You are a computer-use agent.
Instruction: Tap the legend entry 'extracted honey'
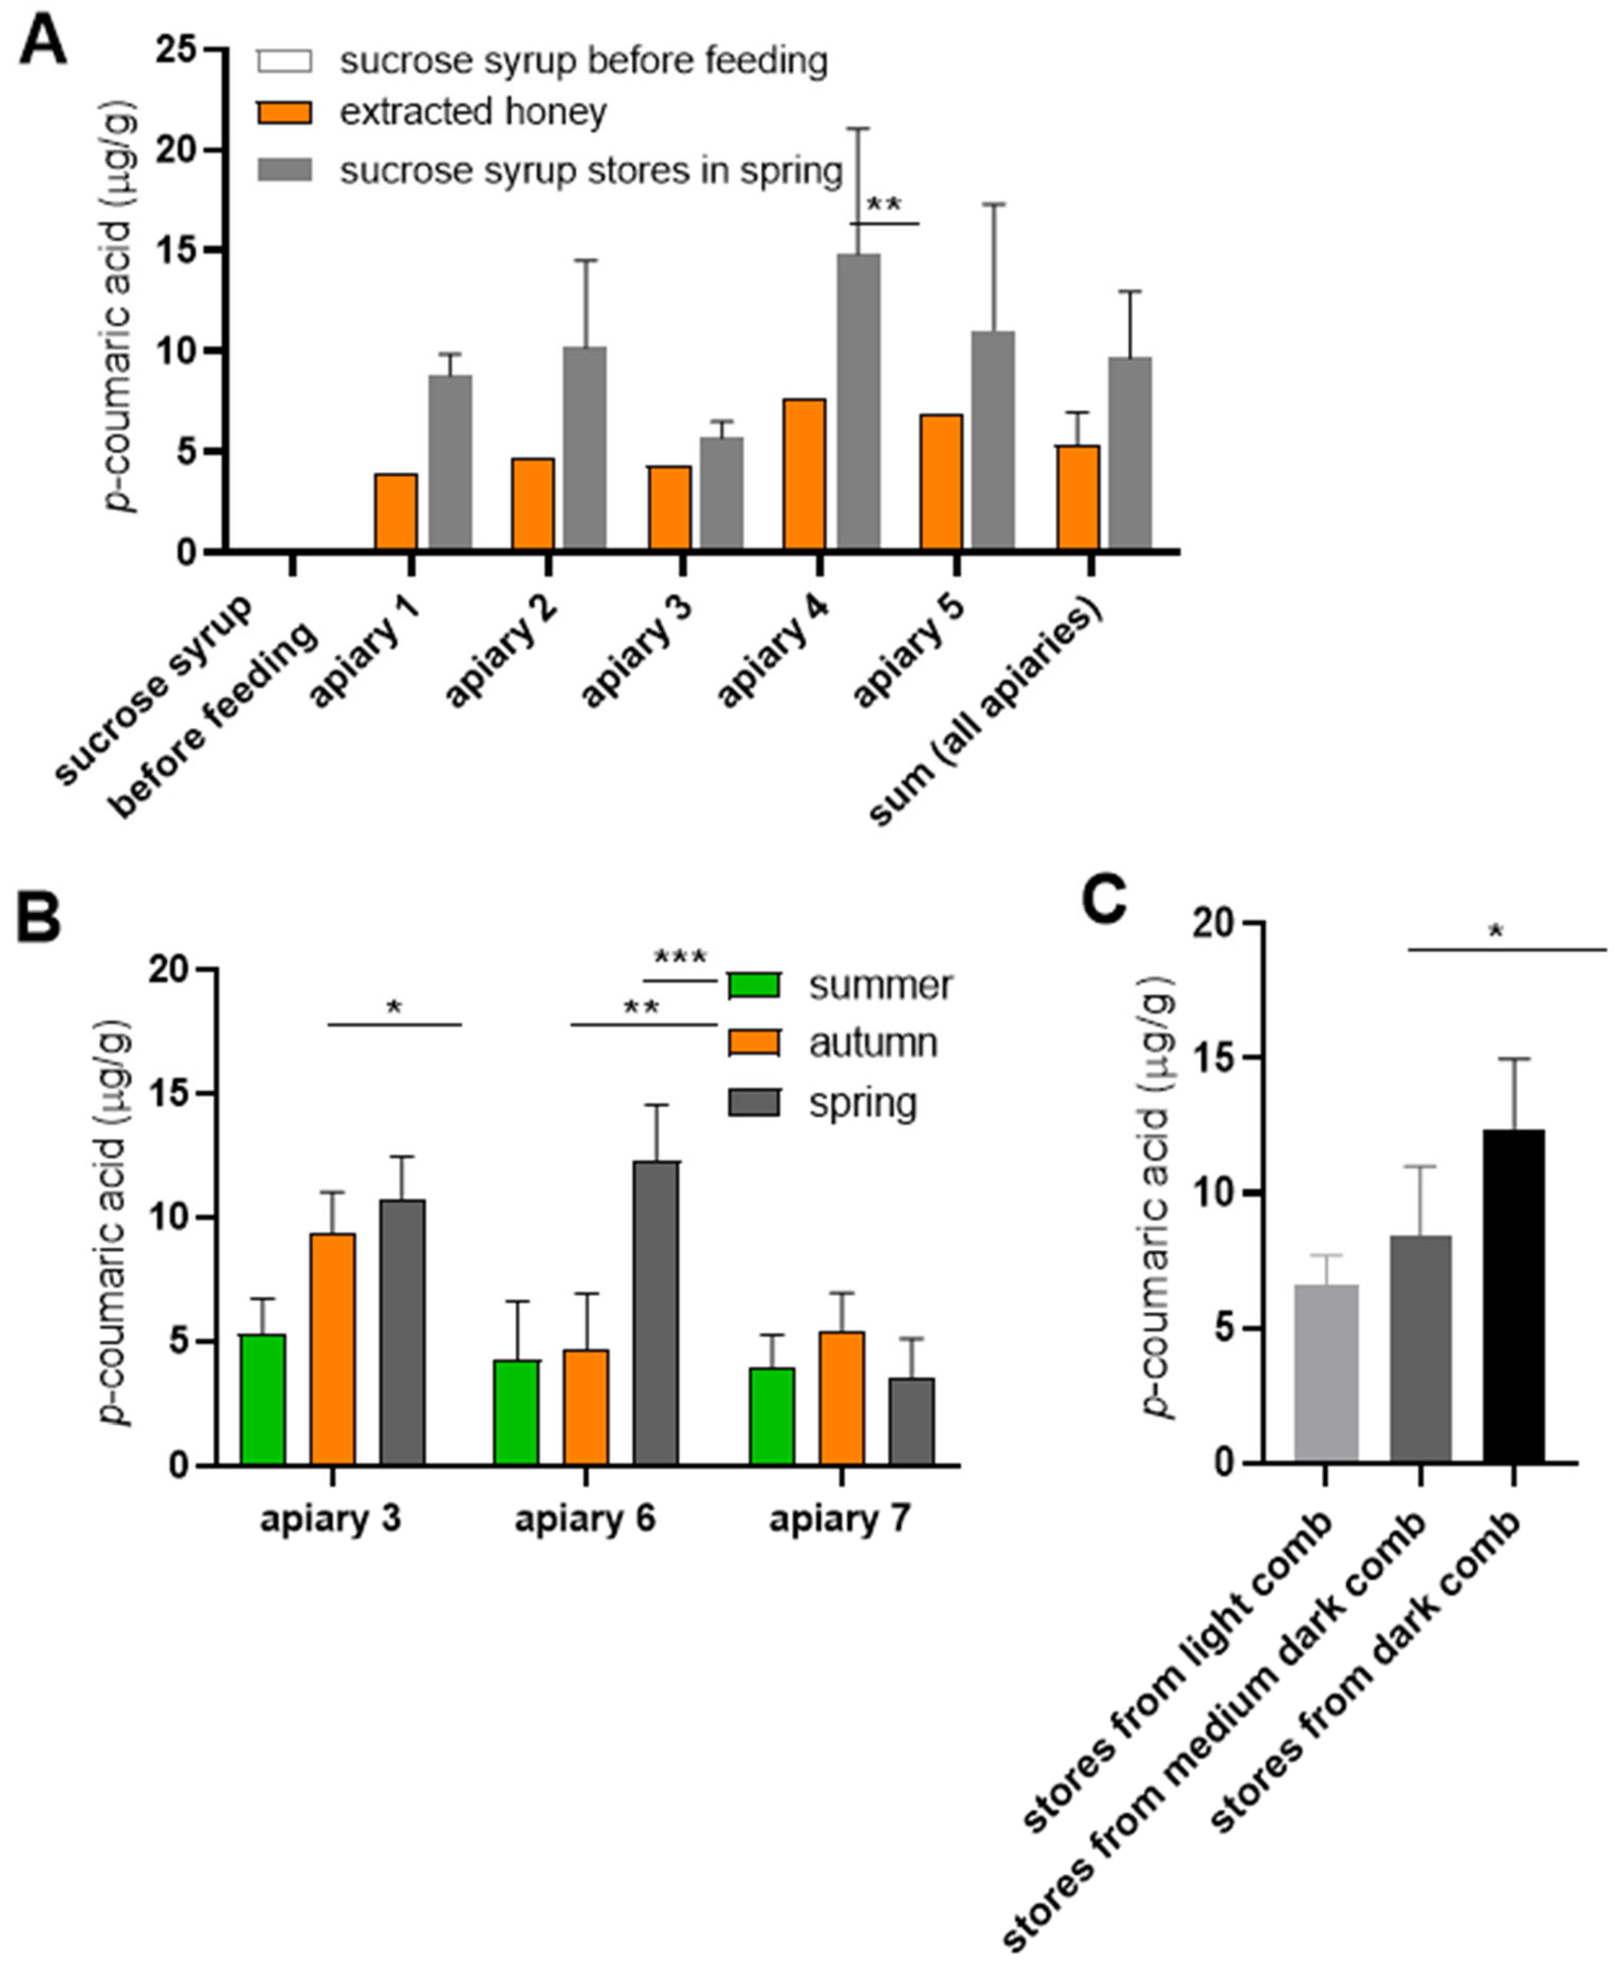tap(472, 112)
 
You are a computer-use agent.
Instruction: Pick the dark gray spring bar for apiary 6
tap(656, 1312)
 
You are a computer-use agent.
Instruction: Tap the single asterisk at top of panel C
tap(1496, 932)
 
